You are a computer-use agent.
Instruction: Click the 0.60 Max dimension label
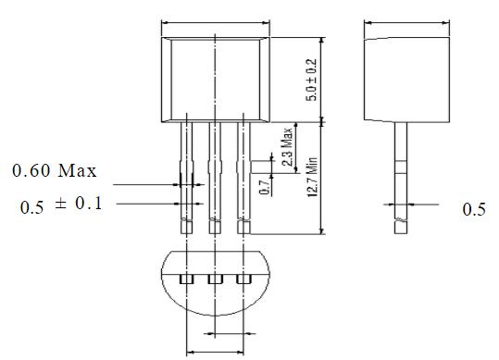coord(54,171)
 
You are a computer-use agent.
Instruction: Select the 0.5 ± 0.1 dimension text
coord(63,205)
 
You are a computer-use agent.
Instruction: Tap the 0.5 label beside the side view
coord(473,210)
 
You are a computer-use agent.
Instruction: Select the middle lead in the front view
coord(215,176)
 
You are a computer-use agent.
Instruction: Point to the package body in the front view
coord(215,79)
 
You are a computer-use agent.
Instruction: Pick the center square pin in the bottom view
coord(215,278)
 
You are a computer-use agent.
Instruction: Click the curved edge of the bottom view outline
coord(215,314)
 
